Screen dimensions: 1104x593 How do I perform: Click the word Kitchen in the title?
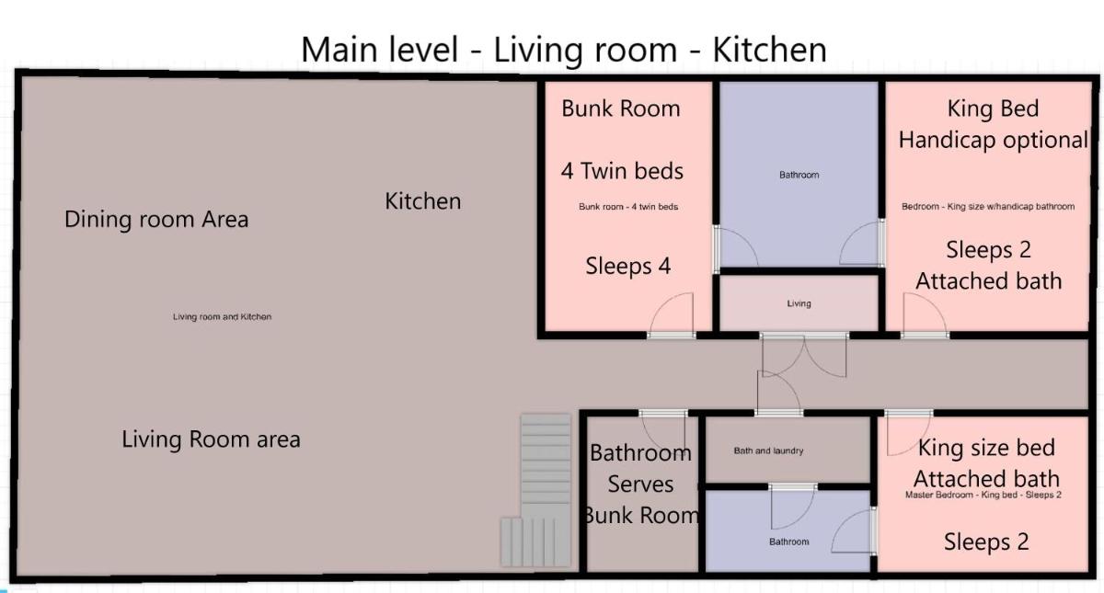click(x=769, y=50)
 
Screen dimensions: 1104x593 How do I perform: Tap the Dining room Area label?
click(x=156, y=219)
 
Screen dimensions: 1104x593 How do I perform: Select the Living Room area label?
click(x=211, y=439)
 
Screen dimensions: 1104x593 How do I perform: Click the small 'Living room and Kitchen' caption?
click(x=222, y=316)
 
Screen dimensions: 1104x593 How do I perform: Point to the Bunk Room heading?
click(x=620, y=108)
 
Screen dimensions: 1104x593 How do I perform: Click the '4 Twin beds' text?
click(x=622, y=171)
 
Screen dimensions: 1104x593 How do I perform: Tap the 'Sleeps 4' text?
click(x=627, y=266)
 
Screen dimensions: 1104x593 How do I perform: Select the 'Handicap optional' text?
click(x=993, y=140)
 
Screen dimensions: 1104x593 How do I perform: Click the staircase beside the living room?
click(x=536, y=490)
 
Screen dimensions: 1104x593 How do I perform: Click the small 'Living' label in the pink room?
click(x=799, y=303)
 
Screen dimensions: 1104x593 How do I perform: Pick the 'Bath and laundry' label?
click(x=768, y=450)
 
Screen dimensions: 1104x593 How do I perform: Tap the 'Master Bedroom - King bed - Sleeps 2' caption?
click(x=983, y=495)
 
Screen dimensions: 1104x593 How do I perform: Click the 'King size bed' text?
click(x=986, y=448)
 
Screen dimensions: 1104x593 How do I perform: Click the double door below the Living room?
click(x=804, y=356)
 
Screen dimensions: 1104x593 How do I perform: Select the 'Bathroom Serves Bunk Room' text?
click(x=640, y=485)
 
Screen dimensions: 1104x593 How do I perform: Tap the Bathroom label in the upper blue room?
click(x=799, y=175)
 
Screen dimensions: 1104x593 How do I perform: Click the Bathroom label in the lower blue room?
click(x=789, y=542)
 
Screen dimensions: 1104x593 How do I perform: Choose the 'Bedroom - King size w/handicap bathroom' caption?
click(x=988, y=206)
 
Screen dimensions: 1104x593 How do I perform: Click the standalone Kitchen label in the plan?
click(x=423, y=201)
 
